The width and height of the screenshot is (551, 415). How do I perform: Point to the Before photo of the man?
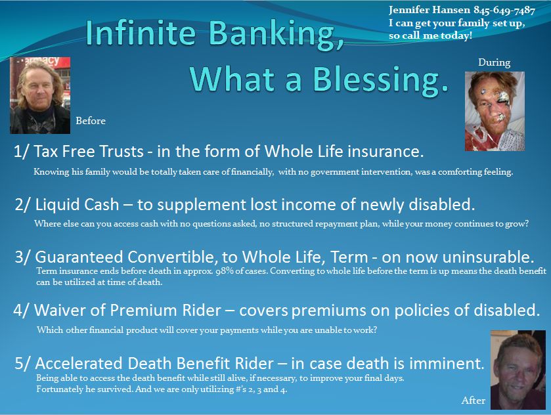coord(40,95)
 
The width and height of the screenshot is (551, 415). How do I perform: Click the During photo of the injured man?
coord(495,111)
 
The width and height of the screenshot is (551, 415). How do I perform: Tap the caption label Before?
coord(91,121)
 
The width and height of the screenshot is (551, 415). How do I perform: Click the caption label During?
coord(494,62)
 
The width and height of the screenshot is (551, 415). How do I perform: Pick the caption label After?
coord(473,400)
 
